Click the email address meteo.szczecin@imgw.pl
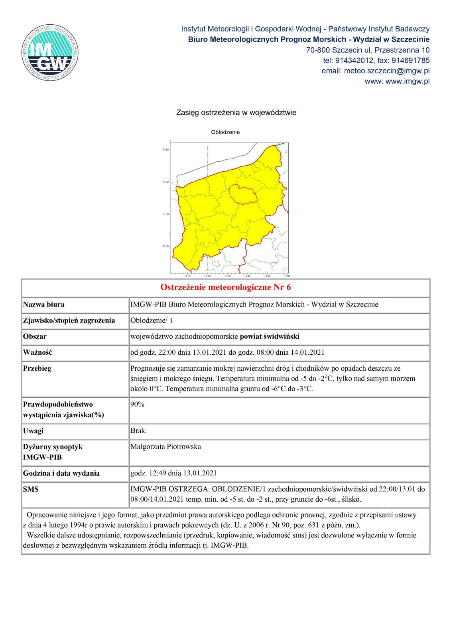click(x=375, y=71)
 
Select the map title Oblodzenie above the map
click(x=225, y=132)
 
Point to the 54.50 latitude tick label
click(x=165, y=150)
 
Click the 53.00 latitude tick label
click(x=165, y=246)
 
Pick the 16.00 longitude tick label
click(x=247, y=276)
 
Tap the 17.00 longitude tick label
click(x=286, y=276)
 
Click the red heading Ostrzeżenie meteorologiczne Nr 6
click(x=225, y=287)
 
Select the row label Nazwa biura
click(x=44, y=305)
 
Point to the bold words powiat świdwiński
click(x=270, y=336)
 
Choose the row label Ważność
click(x=37, y=352)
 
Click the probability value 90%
click(x=137, y=404)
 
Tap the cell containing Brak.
click(x=138, y=431)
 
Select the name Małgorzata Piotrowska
click(x=165, y=447)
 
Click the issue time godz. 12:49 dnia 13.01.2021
click(x=173, y=473)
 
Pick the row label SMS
click(x=31, y=489)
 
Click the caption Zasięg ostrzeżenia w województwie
click(x=236, y=113)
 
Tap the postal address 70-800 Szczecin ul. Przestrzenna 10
click(x=368, y=50)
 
